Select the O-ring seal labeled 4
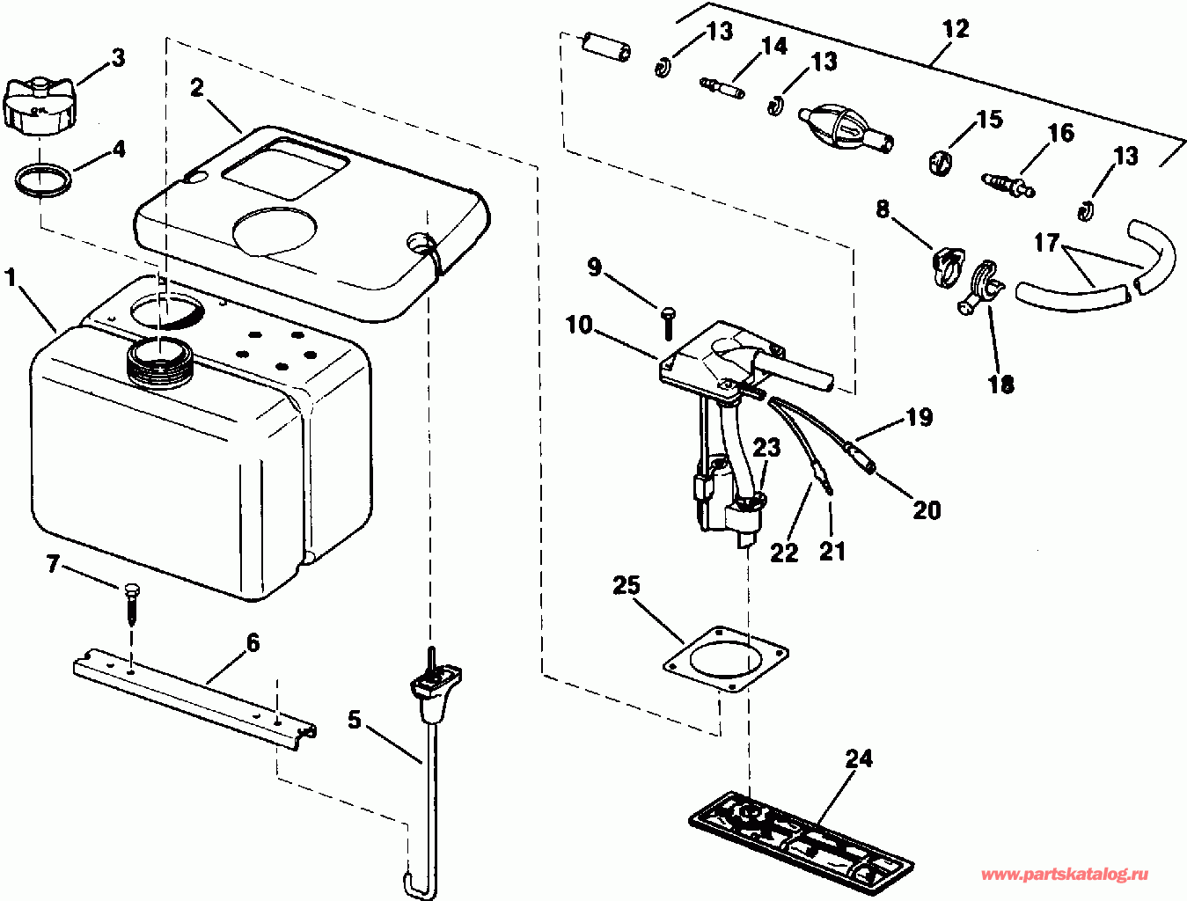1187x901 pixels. [43, 180]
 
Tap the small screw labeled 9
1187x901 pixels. [667, 321]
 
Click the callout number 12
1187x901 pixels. [955, 29]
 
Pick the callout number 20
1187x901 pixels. [927, 509]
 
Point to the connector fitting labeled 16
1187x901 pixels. [1007, 183]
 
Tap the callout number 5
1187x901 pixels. [354, 720]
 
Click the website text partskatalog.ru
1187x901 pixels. [1065, 875]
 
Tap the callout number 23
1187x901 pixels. [766, 447]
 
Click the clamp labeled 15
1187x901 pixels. [942, 162]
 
